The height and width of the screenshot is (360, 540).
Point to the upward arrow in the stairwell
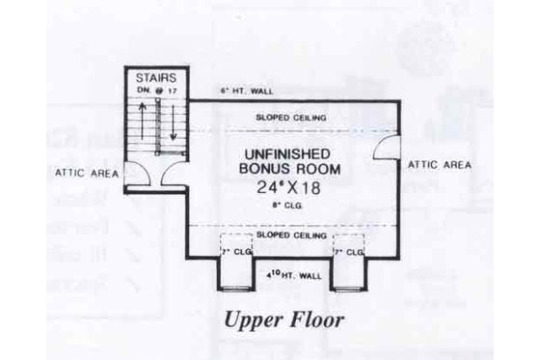(x=143, y=121)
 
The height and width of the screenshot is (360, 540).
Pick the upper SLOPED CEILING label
(x=290, y=118)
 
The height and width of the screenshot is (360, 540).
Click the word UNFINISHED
(x=290, y=154)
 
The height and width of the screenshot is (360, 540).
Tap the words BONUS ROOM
(x=290, y=171)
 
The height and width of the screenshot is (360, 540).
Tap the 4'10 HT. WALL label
(x=290, y=276)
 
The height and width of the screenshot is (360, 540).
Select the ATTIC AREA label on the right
(x=440, y=165)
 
